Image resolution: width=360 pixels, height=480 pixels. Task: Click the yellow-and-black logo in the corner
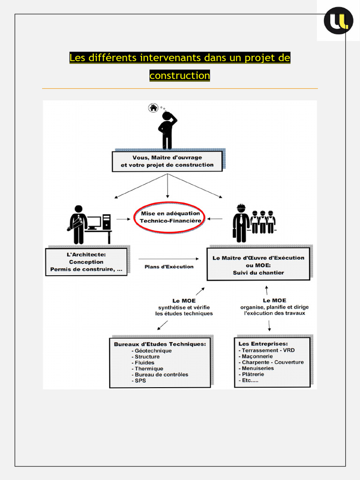point(338,21)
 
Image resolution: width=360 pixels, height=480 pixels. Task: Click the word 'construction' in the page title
point(180,75)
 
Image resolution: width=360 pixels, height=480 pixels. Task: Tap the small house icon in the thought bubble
point(153,108)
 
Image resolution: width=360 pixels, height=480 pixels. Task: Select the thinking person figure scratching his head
point(167,130)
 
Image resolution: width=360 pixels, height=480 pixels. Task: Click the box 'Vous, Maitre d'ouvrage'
point(167,161)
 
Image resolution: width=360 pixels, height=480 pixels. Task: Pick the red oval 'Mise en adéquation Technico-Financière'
point(170,217)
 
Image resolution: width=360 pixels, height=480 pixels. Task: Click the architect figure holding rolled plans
point(78,225)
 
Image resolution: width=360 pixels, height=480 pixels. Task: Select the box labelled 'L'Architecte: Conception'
point(87,262)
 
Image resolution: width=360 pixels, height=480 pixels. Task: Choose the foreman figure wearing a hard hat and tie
point(241,223)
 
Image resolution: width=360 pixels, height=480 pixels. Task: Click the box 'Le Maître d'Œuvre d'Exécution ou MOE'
point(258,264)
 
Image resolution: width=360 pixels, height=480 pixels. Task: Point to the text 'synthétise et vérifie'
point(184,307)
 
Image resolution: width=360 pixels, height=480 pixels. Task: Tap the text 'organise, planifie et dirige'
point(274,307)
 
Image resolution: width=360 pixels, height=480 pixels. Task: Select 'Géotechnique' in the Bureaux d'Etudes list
point(153,351)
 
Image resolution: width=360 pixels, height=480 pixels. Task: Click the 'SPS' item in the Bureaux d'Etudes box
point(140,381)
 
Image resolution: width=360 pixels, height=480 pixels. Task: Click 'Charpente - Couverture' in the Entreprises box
point(272,362)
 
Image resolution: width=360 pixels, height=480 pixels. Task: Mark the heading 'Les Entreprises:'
point(263,344)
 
